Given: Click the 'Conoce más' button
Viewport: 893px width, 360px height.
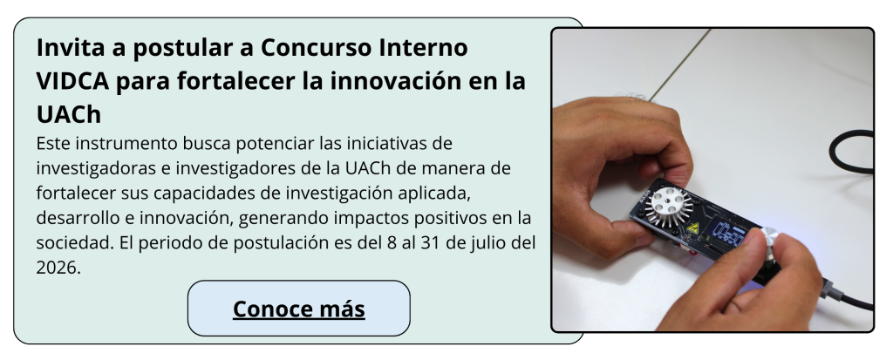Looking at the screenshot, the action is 298,309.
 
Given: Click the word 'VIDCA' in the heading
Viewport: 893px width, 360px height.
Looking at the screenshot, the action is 72,81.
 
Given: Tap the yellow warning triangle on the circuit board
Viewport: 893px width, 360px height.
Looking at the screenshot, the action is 692,228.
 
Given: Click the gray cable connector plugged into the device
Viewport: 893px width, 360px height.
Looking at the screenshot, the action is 829,289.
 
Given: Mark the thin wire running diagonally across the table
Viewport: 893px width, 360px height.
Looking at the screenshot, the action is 679,65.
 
